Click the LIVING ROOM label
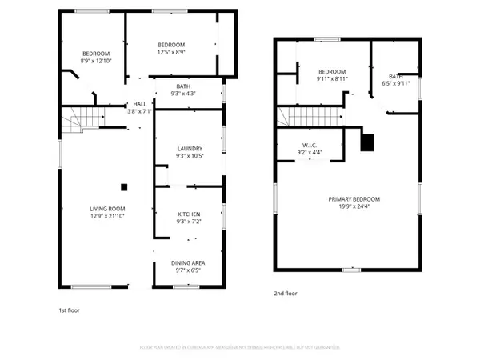point(106,208)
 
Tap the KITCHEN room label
point(189,214)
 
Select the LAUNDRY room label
point(189,148)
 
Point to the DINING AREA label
point(189,262)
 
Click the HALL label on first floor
point(139,104)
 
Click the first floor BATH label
point(182,86)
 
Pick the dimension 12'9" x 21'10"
point(106,216)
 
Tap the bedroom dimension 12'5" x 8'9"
point(171,52)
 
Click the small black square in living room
point(124,187)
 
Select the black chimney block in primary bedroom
point(367,142)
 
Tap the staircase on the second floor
point(314,118)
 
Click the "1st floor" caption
point(69,310)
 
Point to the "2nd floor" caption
point(285,294)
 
